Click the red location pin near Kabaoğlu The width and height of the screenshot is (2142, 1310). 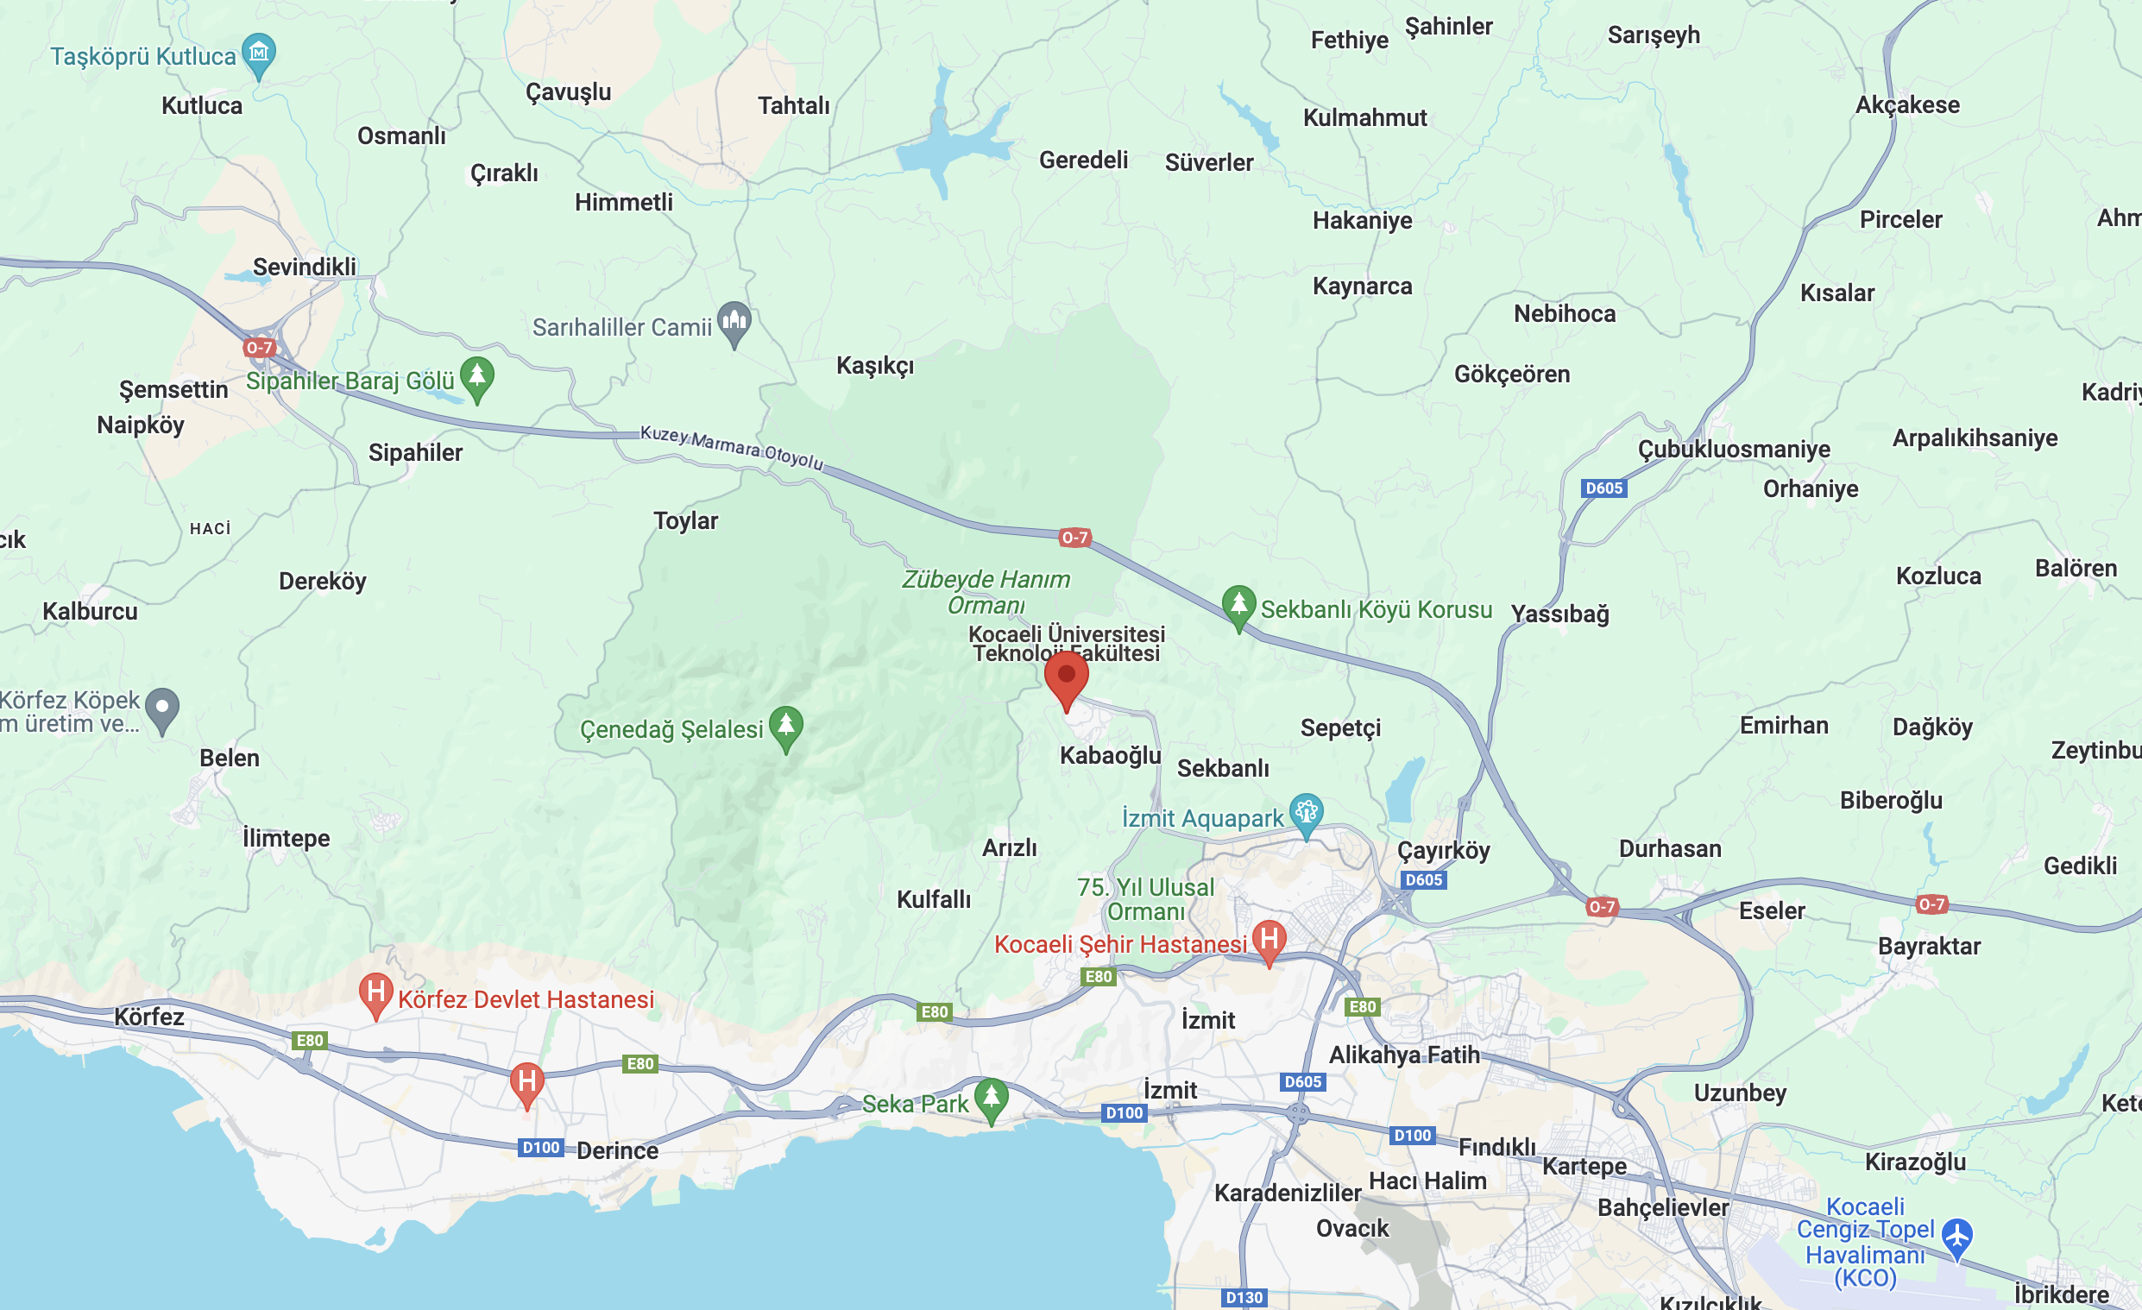pyautogui.click(x=1066, y=677)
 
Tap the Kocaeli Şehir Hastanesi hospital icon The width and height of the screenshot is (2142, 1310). pyautogui.click(x=1269, y=940)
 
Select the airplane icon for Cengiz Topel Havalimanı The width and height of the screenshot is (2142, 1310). pyautogui.click(x=1956, y=1235)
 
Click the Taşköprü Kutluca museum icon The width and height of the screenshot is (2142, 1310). pyautogui.click(x=258, y=53)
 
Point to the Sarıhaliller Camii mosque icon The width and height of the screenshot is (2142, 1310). pyautogui.click(x=734, y=321)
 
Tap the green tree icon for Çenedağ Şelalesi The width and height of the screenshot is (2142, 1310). pyautogui.click(x=786, y=724)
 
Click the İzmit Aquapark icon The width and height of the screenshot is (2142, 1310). pyautogui.click(x=1306, y=813)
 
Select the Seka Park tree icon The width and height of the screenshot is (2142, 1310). pyautogui.click(x=991, y=1097)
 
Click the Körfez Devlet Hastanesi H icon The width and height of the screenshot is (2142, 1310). pyautogui.click(x=375, y=992)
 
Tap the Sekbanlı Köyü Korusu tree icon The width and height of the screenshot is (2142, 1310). pyautogui.click(x=1238, y=604)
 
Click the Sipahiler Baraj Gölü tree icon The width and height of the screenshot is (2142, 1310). pyautogui.click(x=476, y=376)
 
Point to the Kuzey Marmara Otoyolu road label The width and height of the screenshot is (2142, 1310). pyautogui.click(x=731, y=447)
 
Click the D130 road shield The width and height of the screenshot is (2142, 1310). pyautogui.click(x=1243, y=1297)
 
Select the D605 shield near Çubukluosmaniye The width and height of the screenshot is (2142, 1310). pyautogui.click(x=1603, y=488)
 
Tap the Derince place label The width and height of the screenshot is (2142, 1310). pyautogui.click(x=617, y=1150)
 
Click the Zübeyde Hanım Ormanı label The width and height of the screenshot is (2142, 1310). pyautogui.click(x=986, y=591)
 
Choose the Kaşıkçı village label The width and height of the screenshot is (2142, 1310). pyautogui.click(x=874, y=365)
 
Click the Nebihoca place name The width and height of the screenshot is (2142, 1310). pyautogui.click(x=1564, y=313)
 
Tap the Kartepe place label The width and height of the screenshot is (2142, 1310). pyautogui.click(x=1584, y=1166)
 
